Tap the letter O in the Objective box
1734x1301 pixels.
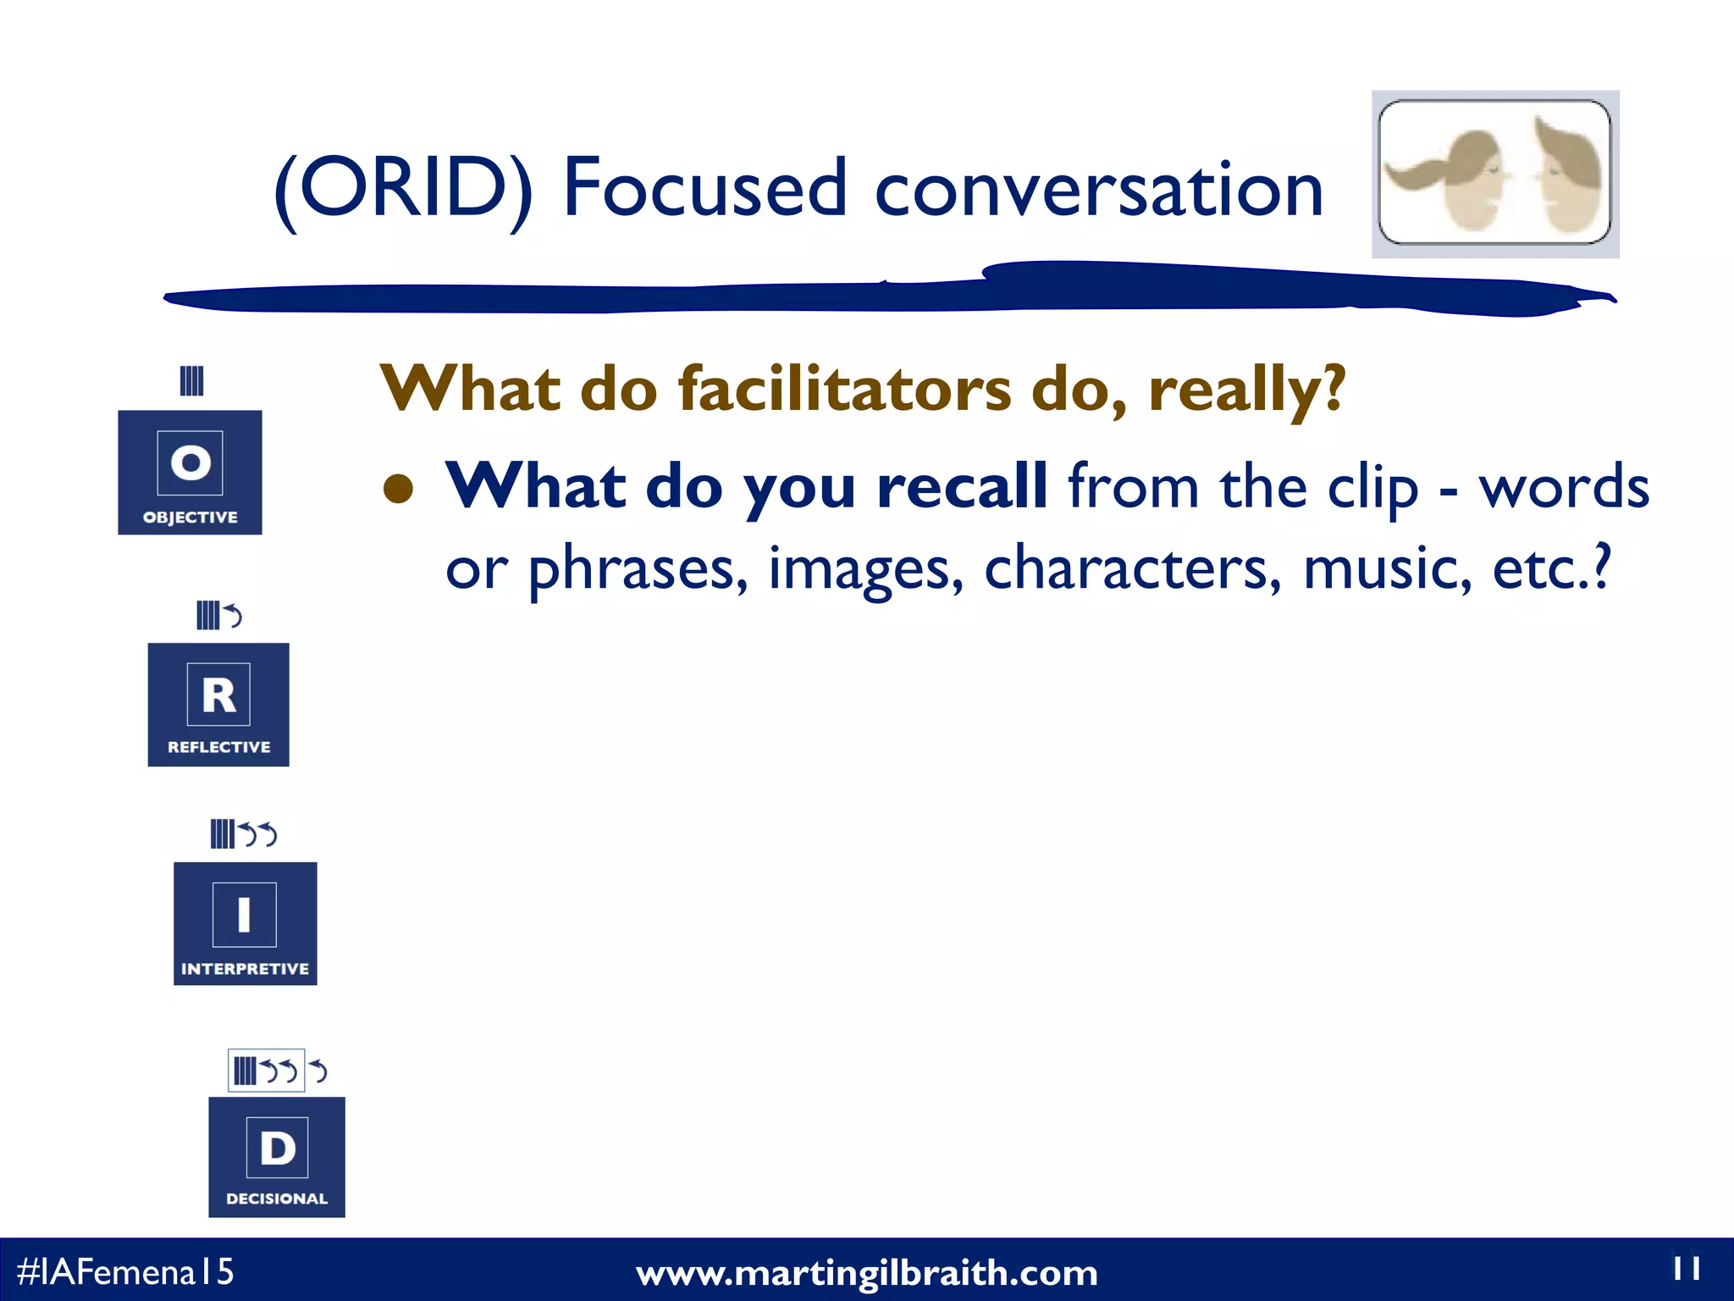[191, 462]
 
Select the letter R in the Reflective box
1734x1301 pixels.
[218, 695]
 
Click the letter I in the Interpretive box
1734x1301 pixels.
[244, 915]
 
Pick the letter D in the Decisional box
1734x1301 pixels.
[277, 1149]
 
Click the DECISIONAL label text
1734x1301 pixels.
[277, 1199]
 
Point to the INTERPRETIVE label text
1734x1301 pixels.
[245, 968]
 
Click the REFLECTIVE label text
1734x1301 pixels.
[218, 747]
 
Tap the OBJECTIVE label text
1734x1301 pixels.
[190, 517]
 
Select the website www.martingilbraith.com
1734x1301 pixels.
[866, 1273]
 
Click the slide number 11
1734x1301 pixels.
[1686, 1268]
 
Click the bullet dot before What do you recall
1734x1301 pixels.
[398, 489]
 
